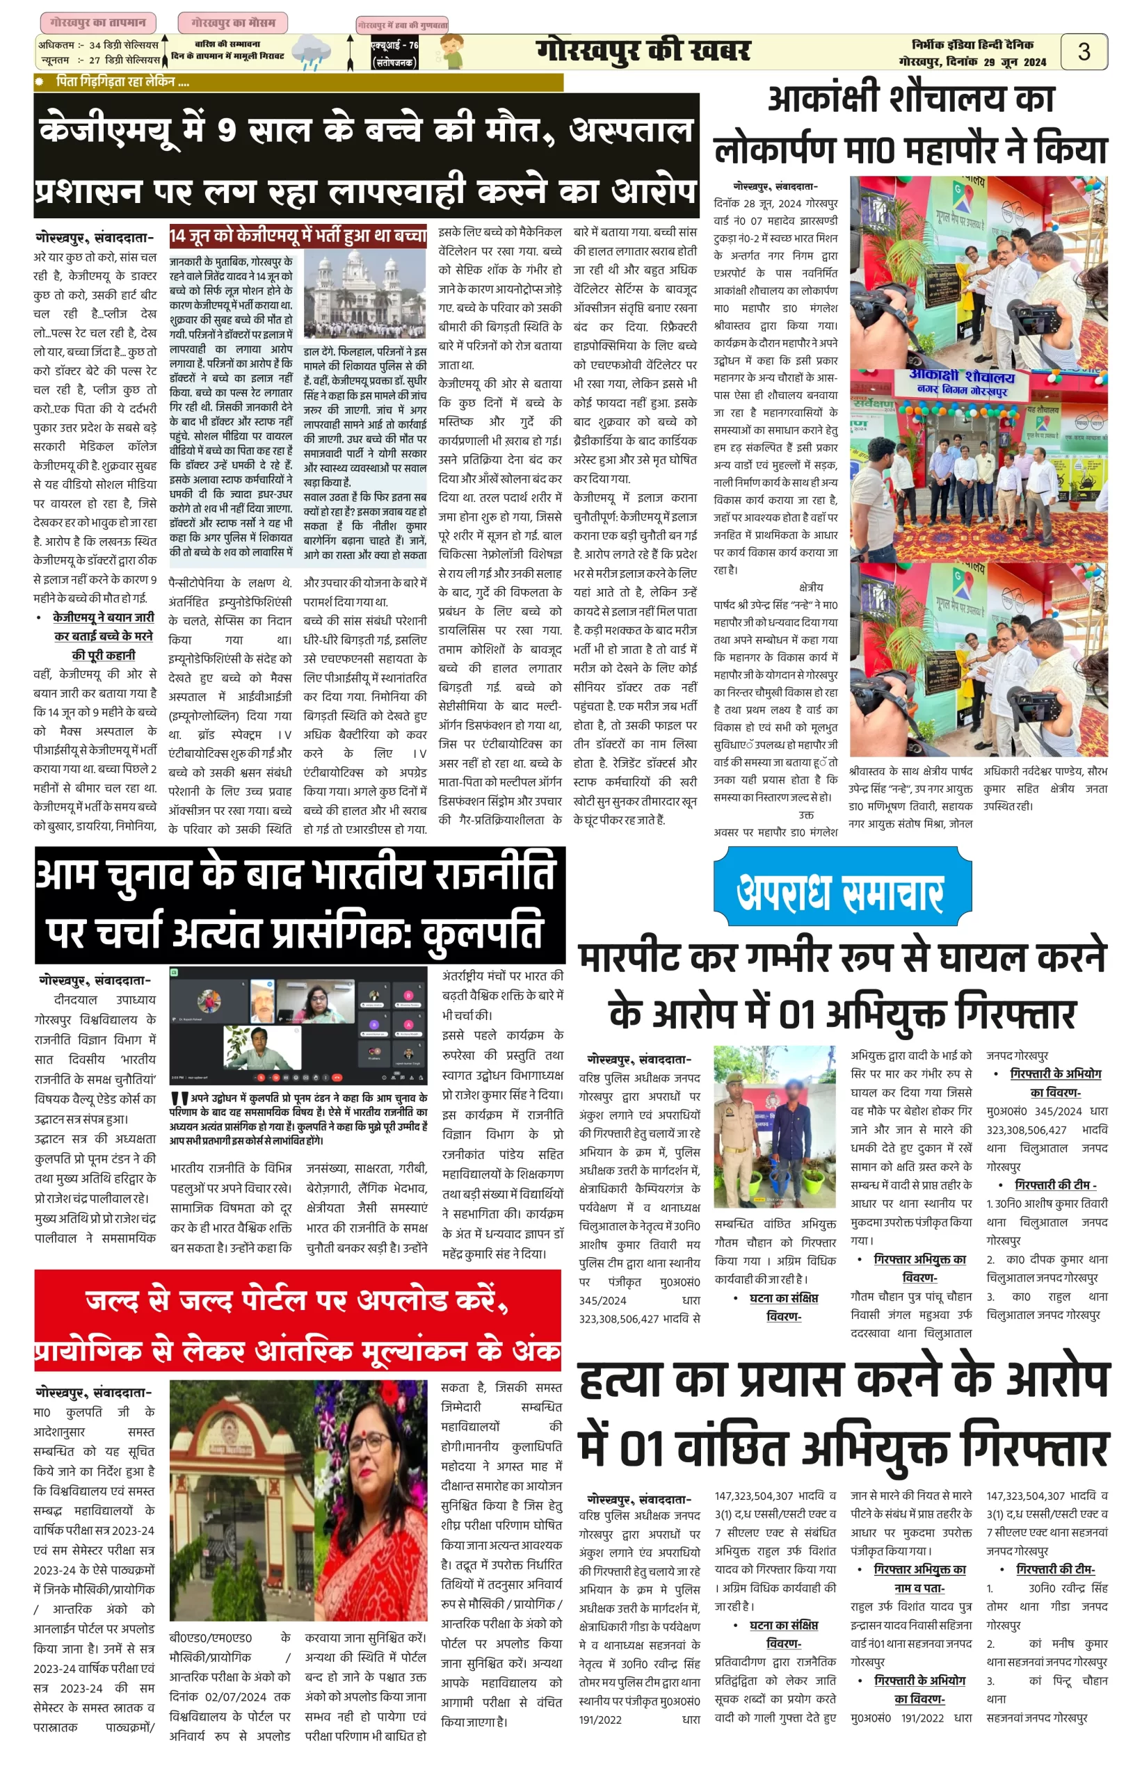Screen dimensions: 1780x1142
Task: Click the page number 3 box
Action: (1084, 52)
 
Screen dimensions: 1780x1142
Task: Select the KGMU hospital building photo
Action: (365, 293)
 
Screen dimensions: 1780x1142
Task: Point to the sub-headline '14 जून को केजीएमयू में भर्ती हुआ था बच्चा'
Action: (298, 236)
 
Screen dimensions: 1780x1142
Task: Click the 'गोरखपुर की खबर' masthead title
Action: (642, 51)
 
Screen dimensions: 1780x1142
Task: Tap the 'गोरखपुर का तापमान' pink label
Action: (98, 23)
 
